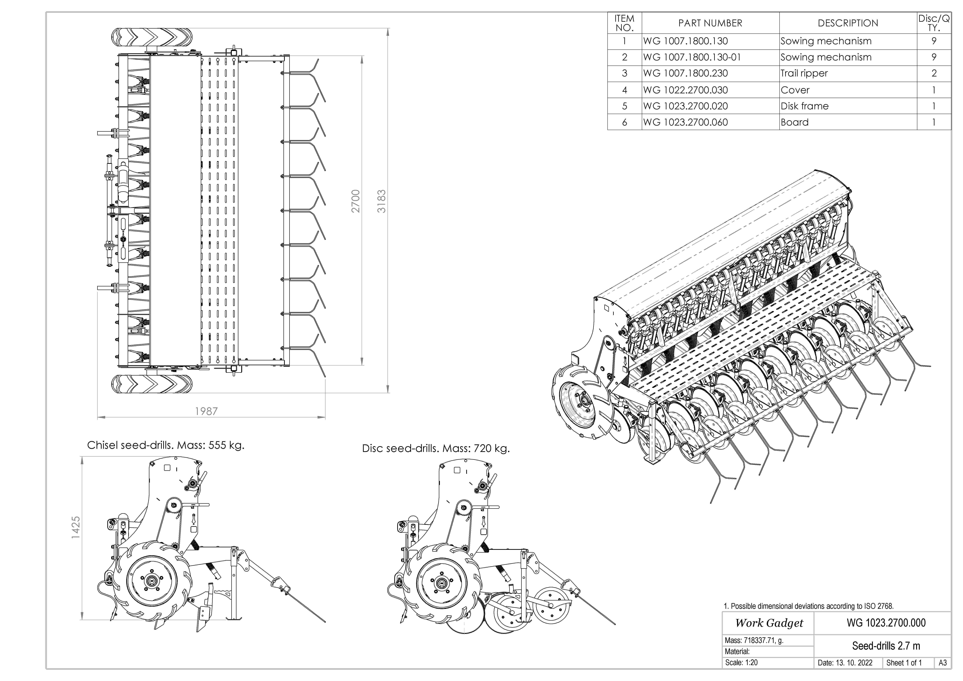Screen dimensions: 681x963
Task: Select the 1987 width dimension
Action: (x=206, y=411)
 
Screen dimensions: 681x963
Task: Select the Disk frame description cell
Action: (x=804, y=106)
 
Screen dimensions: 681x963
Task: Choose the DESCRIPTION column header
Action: (x=848, y=23)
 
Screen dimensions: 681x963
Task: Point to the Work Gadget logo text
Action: (x=769, y=623)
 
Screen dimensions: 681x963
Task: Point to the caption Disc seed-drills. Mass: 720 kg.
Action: (x=436, y=448)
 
